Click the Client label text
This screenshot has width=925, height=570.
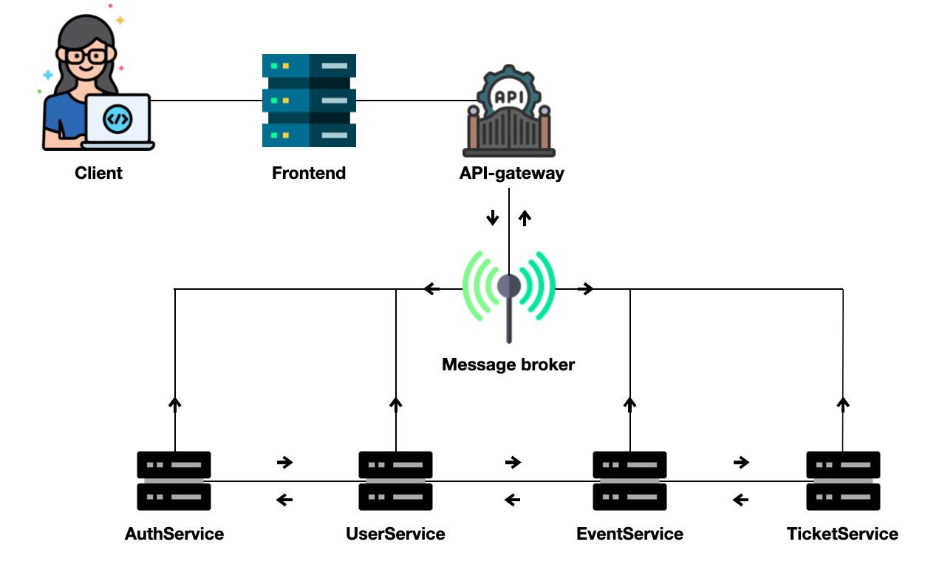[x=98, y=173]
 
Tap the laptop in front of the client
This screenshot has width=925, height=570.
[x=117, y=121]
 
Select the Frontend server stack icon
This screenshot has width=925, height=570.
[x=309, y=100]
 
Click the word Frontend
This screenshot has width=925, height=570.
[x=309, y=174]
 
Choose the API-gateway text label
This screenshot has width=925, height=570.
[x=511, y=174]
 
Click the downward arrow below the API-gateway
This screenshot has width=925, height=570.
[x=492, y=218]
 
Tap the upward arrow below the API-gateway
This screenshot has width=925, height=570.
[x=525, y=217]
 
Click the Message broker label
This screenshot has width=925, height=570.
[x=508, y=364]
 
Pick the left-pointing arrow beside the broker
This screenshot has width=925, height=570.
[x=432, y=289]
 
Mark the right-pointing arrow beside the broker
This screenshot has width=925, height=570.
[x=586, y=289]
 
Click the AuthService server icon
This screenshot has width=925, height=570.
[x=174, y=481]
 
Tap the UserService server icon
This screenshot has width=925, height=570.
[x=395, y=481]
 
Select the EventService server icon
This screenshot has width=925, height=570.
[x=629, y=481]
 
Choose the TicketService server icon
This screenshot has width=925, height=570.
[x=843, y=481]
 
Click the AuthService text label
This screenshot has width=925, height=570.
[x=174, y=534]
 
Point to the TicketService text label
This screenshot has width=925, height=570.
[x=843, y=534]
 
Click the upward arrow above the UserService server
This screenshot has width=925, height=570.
[x=396, y=403]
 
